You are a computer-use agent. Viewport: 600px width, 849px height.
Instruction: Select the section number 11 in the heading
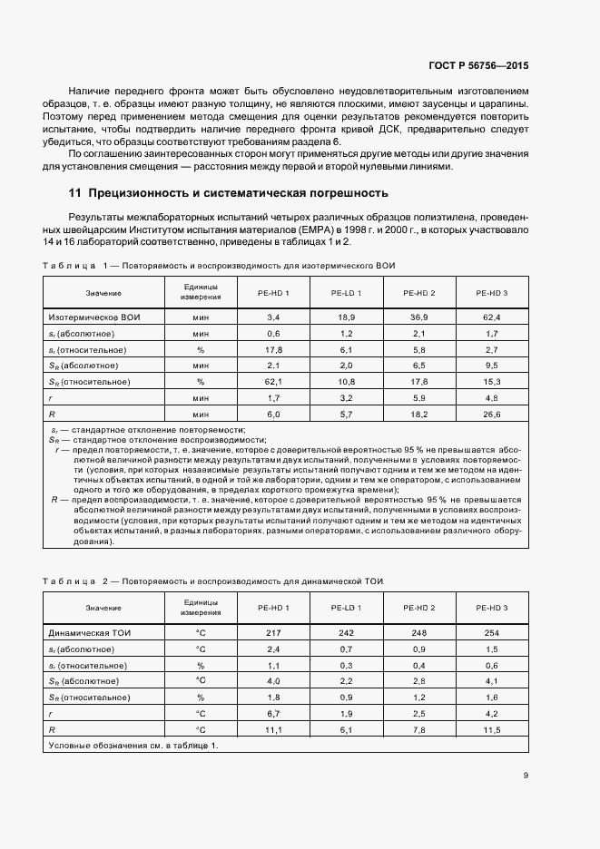(76, 193)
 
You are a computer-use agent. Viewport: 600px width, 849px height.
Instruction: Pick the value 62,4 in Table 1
(492, 317)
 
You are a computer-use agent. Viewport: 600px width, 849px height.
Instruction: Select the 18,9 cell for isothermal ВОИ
(346, 317)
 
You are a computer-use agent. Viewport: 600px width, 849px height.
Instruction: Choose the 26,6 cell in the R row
(492, 414)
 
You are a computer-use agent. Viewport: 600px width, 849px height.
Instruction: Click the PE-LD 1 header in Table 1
(346, 293)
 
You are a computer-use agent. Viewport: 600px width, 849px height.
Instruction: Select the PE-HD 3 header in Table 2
(492, 607)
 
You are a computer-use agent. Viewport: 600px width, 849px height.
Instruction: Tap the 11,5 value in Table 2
(492, 728)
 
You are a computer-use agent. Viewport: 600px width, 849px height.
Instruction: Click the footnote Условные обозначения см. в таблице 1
(132, 745)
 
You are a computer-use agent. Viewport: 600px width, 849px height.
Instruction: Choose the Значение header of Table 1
(103, 293)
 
